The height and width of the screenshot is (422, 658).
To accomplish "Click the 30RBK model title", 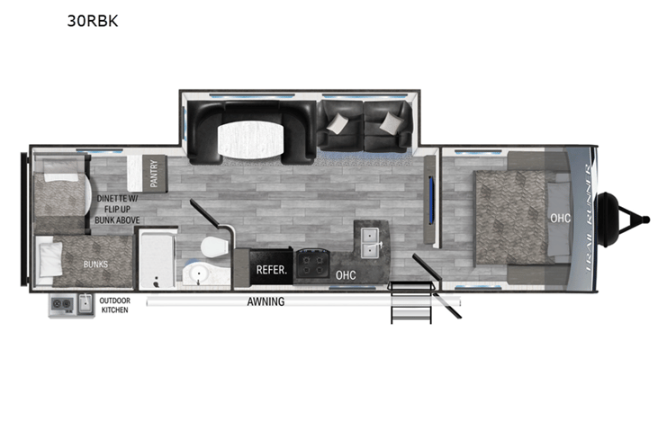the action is point(93,21).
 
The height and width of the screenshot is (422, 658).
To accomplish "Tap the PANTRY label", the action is point(154,174).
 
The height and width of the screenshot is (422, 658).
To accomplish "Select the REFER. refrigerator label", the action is point(272,270).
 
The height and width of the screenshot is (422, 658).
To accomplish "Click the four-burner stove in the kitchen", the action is point(312,264).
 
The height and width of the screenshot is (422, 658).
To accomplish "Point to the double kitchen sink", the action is point(370,243).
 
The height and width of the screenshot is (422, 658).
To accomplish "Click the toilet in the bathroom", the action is point(214,247).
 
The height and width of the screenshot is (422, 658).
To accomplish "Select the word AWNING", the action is point(266,301).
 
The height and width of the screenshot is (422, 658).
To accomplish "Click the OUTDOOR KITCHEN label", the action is point(115,305).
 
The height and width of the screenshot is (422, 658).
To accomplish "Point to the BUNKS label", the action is point(95,265).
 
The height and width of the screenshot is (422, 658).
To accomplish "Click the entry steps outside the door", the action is point(411,302).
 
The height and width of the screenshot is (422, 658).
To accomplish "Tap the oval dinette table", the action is point(251,139).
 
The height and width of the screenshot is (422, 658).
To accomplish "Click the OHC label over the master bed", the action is point(560,218).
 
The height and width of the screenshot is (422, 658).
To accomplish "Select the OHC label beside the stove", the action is point(346,275).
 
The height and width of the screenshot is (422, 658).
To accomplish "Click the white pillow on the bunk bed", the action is point(50,259).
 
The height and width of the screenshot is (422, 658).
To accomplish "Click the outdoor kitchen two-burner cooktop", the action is point(62,304).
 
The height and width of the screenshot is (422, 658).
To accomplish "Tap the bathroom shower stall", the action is point(157,259).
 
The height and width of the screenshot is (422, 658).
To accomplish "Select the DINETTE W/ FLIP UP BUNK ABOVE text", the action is point(117,209).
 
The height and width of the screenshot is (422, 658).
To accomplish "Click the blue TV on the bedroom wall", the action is point(431,201).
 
